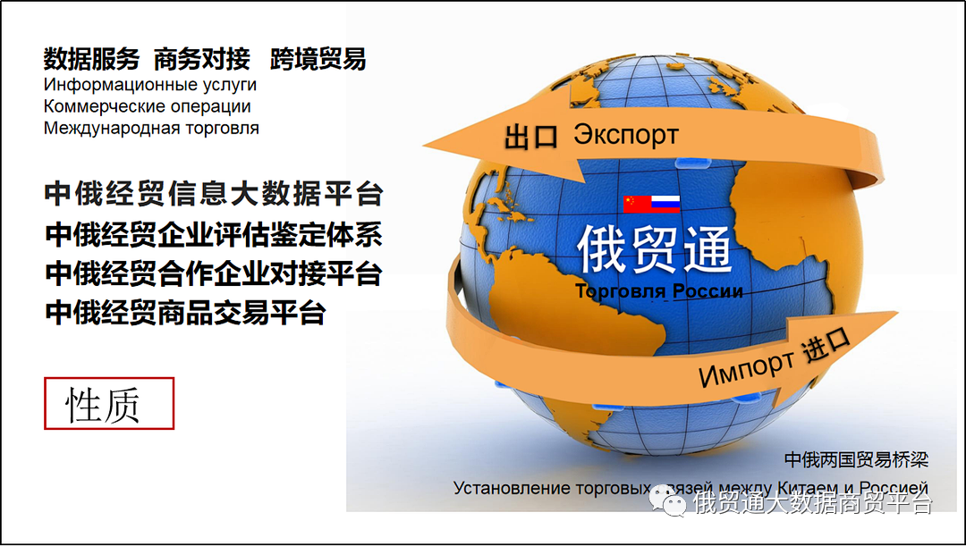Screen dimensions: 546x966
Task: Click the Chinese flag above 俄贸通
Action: (x=638, y=204)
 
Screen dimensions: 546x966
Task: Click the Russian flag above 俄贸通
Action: (x=665, y=204)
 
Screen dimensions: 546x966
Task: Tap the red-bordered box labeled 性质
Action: (x=109, y=404)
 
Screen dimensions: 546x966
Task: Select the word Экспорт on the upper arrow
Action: (x=625, y=135)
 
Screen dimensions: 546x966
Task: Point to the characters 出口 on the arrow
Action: (x=531, y=137)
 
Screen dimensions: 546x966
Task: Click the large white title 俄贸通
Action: (x=654, y=248)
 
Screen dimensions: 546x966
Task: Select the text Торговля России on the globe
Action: (x=658, y=291)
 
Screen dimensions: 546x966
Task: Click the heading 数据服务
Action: (x=91, y=60)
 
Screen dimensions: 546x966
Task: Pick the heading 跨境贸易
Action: (x=318, y=60)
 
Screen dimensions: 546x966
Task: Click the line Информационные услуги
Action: (x=150, y=85)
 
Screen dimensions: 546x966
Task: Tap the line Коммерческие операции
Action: (x=148, y=106)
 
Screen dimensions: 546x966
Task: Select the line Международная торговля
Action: (x=152, y=128)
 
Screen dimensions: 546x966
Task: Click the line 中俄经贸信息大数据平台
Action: (x=214, y=194)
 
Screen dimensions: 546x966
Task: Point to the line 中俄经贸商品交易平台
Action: (x=185, y=313)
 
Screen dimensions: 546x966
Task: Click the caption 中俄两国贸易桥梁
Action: (x=856, y=460)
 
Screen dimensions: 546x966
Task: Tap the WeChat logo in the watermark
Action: (x=668, y=500)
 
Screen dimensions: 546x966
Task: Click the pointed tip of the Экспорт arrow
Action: (x=428, y=142)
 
